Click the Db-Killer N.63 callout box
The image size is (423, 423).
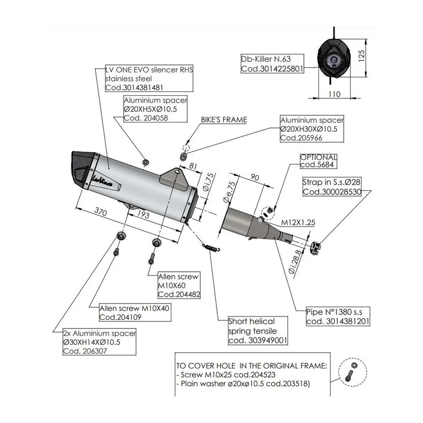(x=272, y=63)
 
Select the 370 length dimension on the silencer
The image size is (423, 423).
(x=100, y=212)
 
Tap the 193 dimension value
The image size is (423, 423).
(x=143, y=214)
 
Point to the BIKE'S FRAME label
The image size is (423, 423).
(x=224, y=120)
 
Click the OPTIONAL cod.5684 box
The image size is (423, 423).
(x=318, y=161)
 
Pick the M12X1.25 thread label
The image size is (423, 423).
(x=298, y=223)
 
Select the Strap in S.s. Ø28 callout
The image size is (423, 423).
(x=332, y=187)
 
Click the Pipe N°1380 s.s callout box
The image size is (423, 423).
(x=338, y=316)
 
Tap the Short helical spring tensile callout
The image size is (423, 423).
(x=258, y=331)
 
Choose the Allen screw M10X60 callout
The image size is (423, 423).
(x=179, y=285)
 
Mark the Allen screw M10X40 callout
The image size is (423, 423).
(x=135, y=312)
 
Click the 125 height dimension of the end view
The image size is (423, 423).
(x=362, y=56)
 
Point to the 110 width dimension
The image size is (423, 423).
(x=334, y=94)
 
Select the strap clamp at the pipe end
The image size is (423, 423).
(x=315, y=248)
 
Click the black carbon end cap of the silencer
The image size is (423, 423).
(x=82, y=169)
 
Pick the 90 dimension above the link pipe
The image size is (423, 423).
(x=254, y=177)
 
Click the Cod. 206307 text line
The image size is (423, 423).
(x=85, y=351)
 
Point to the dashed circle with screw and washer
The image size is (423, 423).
(x=353, y=372)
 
